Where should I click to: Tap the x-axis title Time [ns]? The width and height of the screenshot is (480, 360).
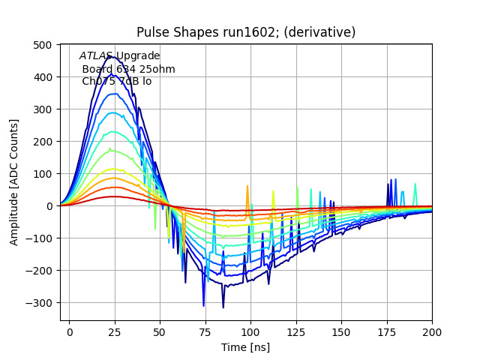tap(245, 347)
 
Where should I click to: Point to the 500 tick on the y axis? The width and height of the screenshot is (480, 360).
tap(45, 45)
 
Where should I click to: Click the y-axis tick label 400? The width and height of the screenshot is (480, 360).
tap(45, 77)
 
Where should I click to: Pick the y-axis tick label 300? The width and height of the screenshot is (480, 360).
tap(45, 109)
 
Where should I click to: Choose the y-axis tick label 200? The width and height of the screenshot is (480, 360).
tap(45, 142)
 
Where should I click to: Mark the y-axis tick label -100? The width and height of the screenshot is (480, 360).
tap(43, 238)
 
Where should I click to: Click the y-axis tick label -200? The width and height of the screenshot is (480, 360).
tap(43, 271)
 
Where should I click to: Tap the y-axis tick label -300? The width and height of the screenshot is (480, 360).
tap(43, 303)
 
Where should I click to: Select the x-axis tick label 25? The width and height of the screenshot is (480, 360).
tap(115, 331)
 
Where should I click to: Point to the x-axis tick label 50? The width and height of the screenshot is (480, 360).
tap(160, 331)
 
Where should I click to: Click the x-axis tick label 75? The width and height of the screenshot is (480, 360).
tap(205, 331)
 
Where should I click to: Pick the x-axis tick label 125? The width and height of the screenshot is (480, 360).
tap(296, 331)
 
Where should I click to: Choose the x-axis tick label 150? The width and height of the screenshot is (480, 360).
tap(341, 331)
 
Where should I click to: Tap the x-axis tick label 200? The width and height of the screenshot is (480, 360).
tap(432, 331)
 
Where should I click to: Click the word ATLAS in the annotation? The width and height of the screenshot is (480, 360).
tap(96, 56)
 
